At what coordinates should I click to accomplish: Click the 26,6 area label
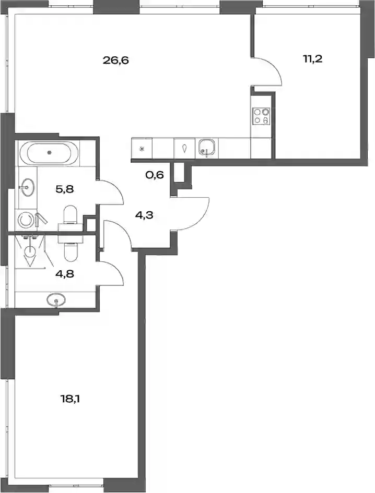coord(116,60)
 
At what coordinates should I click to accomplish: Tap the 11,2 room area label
coord(313,59)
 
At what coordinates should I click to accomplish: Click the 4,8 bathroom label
coord(65,274)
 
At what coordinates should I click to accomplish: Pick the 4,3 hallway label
coord(145,216)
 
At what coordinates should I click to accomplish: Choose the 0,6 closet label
coord(155,175)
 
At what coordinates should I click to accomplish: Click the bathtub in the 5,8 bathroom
coord(49,153)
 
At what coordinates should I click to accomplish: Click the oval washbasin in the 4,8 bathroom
coord(56,299)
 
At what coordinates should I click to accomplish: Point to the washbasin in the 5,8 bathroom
coord(28,187)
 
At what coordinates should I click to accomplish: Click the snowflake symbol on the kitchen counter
coord(142,148)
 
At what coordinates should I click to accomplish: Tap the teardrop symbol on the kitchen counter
coord(185,148)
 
